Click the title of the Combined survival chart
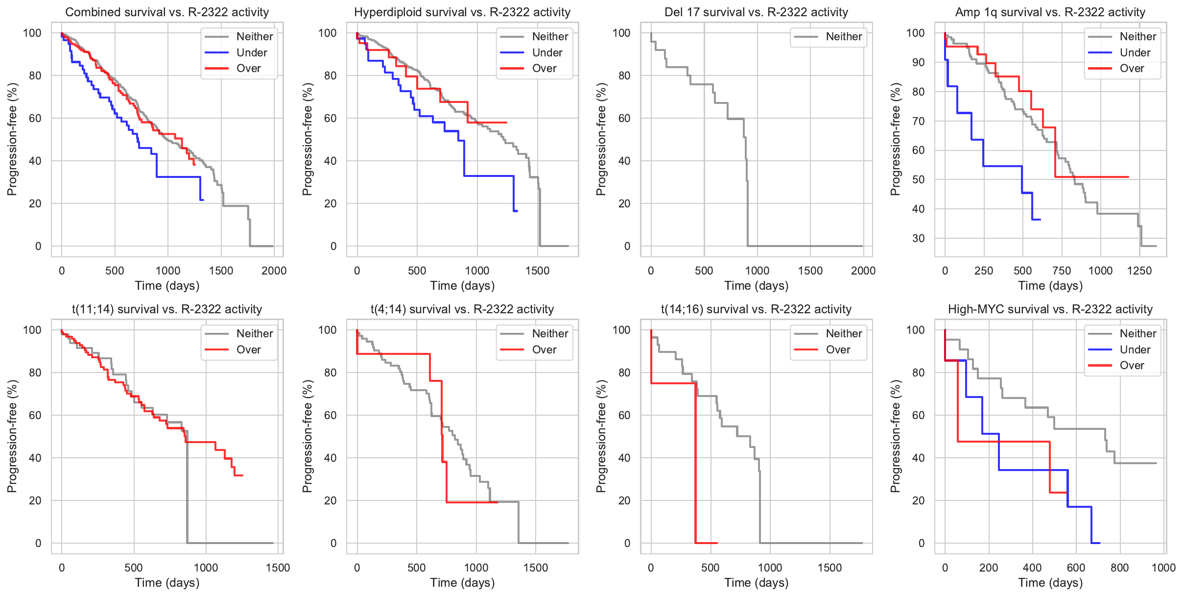pyautogui.click(x=167, y=12)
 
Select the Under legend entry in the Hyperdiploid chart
pyautogui.click(x=547, y=52)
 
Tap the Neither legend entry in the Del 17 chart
pyautogui.click(x=844, y=36)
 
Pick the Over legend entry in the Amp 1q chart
pyautogui.click(x=1132, y=69)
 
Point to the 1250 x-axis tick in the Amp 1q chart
pyautogui.click(x=1139, y=271)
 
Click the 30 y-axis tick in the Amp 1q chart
pyautogui.click(x=918, y=238)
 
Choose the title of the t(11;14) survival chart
pyautogui.click(x=167, y=309)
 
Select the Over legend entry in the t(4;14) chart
pyautogui.click(x=544, y=349)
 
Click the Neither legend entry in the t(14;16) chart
pyautogui.click(x=844, y=333)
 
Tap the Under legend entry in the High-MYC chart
pyautogui.click(x=1135, y=349)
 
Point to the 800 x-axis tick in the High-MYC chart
pyautogui.click(x=1120, y=568)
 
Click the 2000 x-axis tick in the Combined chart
pyautogui.click(x=274, y=271)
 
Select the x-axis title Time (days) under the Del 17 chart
pyautogui.click(x=756, y=285)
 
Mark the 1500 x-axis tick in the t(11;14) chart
pyautogui.click(x=278, y=568)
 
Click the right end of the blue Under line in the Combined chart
pyautogui.click(x=203, y=199)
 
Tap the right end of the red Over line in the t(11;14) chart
pyautogui.click(x=242, y=475)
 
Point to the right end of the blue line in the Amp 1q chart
pyautogui.click(x=1040, y=219)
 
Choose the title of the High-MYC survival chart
pyautogui.click(x=1050, y=309)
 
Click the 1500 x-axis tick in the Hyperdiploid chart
pyautogui.click(x=537, y=271)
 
